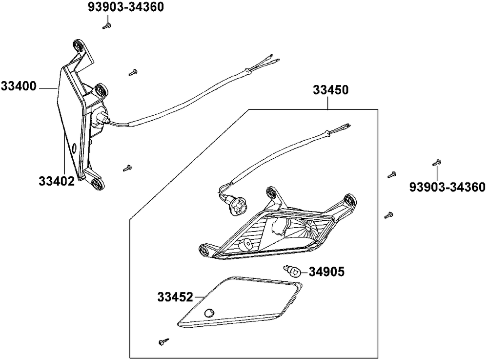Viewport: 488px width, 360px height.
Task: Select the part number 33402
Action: pos(57,181)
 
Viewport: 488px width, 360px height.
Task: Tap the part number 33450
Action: pos(330,90)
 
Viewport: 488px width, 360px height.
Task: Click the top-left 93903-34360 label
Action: pos(126,8)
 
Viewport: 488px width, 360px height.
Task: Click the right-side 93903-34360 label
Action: pos(447,187)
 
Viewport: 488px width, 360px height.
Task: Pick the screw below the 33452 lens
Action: pos(163,342)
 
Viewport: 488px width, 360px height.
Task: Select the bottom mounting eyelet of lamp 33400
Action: pos(98,183)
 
